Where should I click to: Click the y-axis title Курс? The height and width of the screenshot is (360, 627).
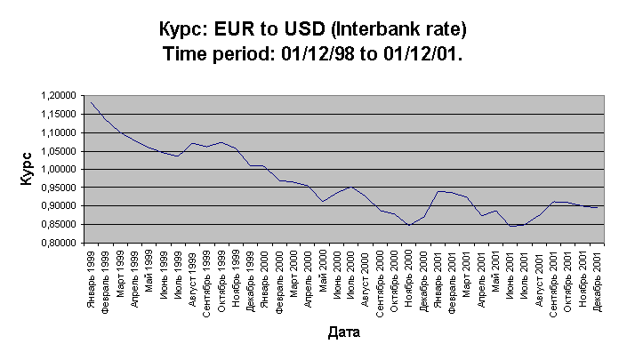(x=26, y=169)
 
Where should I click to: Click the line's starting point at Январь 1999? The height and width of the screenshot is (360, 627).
(x=91, y=101)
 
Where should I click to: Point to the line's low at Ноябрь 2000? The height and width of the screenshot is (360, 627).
(x=408, y=226)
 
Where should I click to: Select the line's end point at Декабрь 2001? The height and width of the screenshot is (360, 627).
(x=595, y=207)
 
